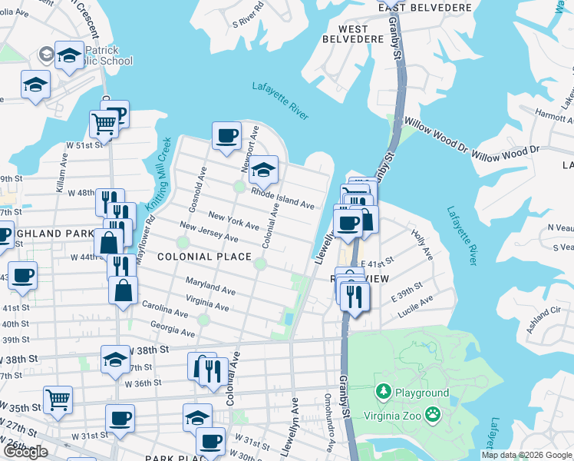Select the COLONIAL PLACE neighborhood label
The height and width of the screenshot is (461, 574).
coord(205,257)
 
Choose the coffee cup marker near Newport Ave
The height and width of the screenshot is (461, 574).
coord(226,136)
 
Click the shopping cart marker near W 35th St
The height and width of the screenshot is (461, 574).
coord(58,400)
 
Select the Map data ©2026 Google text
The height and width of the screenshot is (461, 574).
coord(526,455)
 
